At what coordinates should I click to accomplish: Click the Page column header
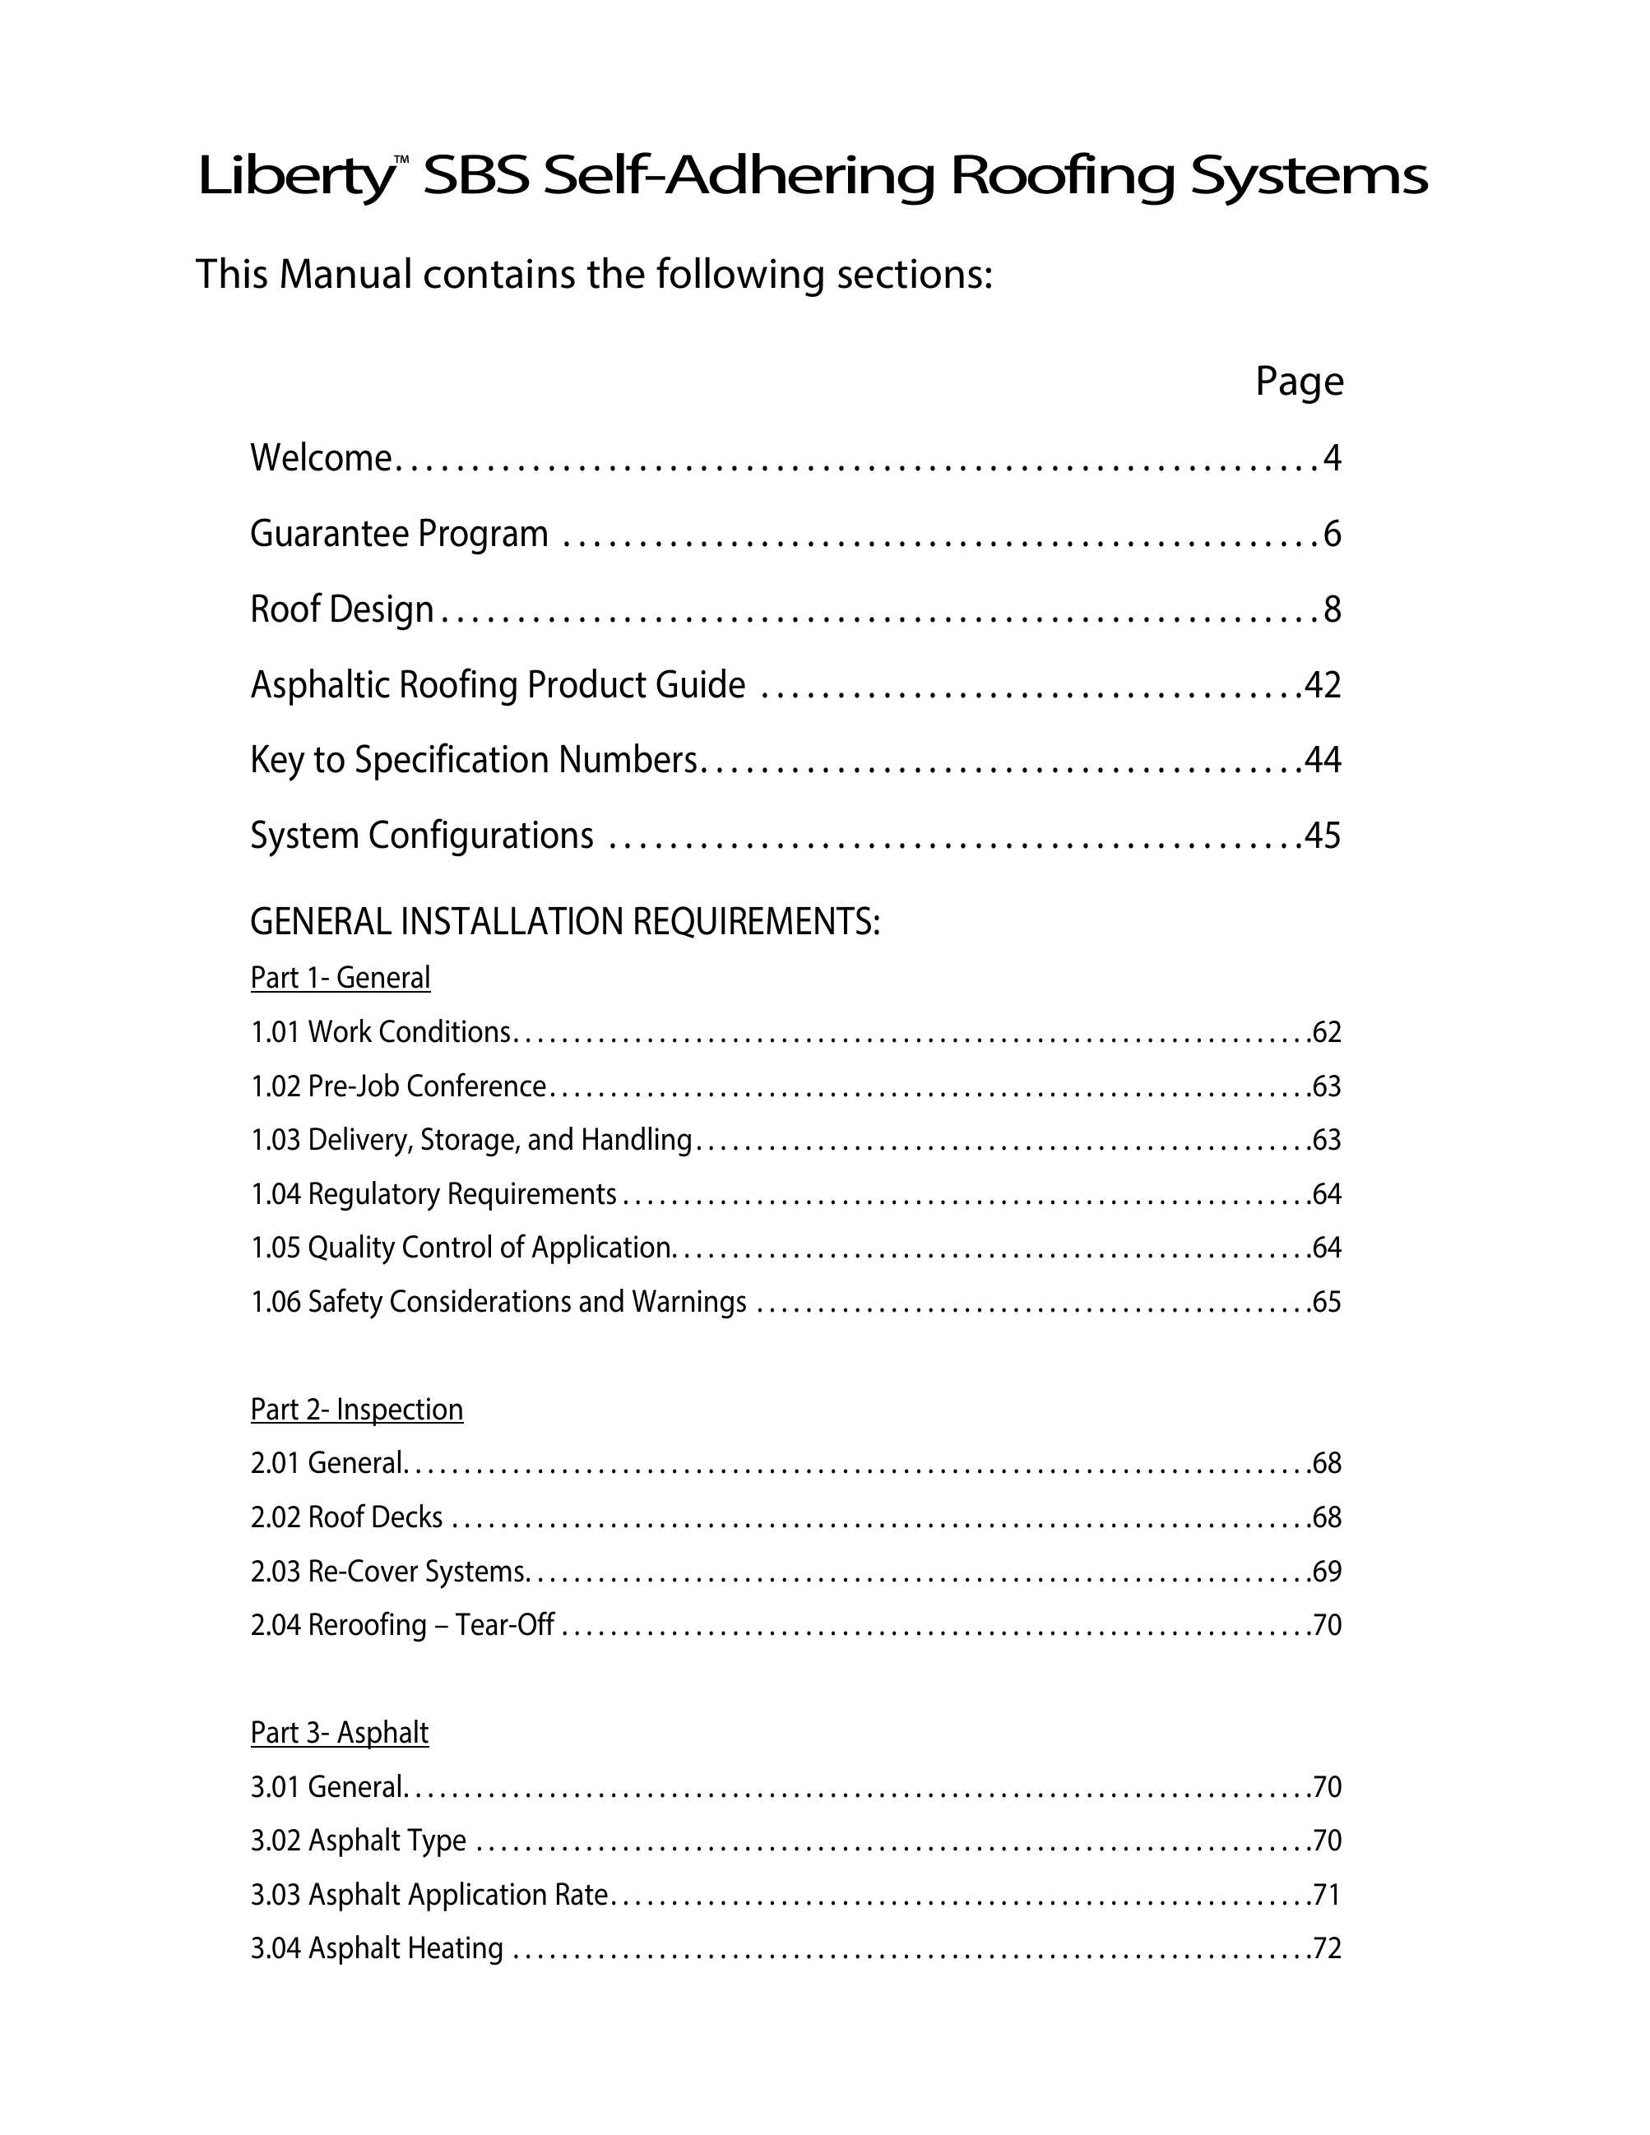click(1299, 382)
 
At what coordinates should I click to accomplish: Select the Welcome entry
click(321, 458)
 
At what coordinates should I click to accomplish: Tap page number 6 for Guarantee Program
click(1332, 534)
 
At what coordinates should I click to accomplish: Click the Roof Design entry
click(341, 609)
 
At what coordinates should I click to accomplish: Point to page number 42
click(1323, 684)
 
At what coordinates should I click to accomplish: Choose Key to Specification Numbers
click(474, 760)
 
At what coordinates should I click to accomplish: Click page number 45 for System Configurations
click(1323, 836)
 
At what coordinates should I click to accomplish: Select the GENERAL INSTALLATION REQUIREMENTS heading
click(565, 922)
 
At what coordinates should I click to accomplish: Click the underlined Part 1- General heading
click(341, 978)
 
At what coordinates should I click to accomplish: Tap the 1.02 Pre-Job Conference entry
click(398, 1086)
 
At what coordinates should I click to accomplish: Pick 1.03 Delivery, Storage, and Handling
click(471, 1140)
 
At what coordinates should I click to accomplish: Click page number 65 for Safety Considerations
click(1327, 1302)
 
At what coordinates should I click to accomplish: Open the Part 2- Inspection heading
click(357, 1410)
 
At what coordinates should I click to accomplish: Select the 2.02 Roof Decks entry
click(346, 1517)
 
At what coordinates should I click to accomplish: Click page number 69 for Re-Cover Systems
click(1327, 1571)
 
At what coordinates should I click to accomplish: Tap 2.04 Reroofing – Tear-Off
click(401, 1625)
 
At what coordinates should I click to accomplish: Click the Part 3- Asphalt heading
click(339, 1732)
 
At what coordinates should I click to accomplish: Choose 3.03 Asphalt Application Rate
click(429, 1895)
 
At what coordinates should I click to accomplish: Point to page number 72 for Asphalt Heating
click(1327, 1948)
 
